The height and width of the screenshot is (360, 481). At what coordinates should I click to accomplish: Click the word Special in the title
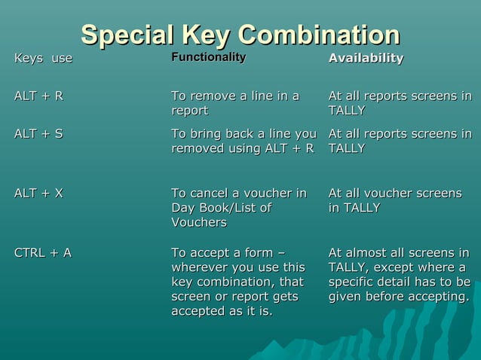click(x=125, y=35)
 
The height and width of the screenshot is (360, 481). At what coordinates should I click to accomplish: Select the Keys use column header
click(x=44, y=59)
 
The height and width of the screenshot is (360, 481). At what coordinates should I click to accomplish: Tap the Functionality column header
click(x=208, y=58)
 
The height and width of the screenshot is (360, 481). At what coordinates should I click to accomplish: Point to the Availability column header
click(x=366, y=59)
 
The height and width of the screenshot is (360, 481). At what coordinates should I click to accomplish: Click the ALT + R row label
click(x=38, y=96)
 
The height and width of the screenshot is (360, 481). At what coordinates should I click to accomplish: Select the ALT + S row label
click(x=38, y=134)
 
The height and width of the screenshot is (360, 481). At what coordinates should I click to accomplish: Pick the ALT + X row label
click(x=38, y=194)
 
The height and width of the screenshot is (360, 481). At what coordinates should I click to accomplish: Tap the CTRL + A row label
click(x=43, y=252)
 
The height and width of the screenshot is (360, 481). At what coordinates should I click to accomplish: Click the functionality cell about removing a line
click(x=235, y=103)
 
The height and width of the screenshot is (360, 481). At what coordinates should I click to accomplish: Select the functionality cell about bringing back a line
click(x=243, y=141)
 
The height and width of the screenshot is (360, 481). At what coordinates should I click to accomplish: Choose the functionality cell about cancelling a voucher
click(x=239, y=208)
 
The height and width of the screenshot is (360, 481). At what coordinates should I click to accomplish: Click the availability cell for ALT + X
click(x=394, y=200)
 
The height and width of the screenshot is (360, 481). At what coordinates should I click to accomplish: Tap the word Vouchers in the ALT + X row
click(x=199, y=223)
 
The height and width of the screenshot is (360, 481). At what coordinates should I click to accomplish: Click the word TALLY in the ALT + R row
click(x=347, y=111)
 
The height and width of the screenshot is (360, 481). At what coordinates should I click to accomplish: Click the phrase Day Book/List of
click(x=221, y=208)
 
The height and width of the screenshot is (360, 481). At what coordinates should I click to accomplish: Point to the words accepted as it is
click(x=222, y=311)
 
